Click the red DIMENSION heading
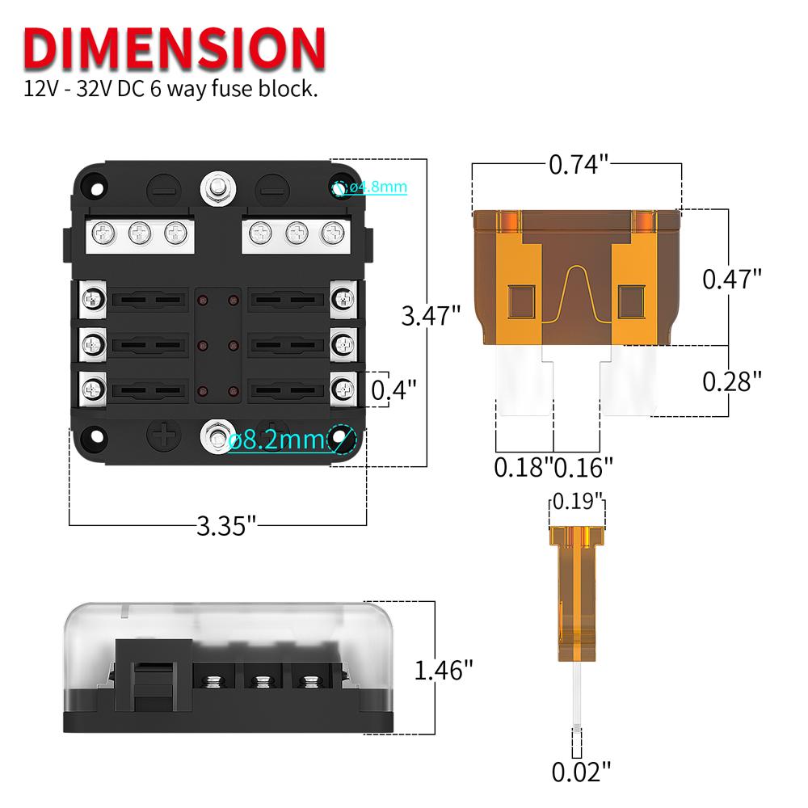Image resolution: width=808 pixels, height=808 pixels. click(x=174, y=48)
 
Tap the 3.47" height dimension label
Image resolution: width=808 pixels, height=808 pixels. click(x=431, y=314)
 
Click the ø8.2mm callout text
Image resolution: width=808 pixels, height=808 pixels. click(x=276, y=440)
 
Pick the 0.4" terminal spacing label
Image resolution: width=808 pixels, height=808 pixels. click(x=393, y=390)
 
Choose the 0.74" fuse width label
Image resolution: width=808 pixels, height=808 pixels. click(x=578, y=165)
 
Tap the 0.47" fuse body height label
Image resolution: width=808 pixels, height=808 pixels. click(x=732, y=279)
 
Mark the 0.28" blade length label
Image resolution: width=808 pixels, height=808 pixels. click(x=732, y=381)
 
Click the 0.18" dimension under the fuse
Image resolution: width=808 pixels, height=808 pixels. click(x=523, y=466)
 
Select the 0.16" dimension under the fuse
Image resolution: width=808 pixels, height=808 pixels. click(x=583, y=466)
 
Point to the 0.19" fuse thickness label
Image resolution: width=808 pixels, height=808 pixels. click(x=577, y=501)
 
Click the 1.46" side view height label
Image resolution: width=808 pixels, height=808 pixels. click(x=443, y=670)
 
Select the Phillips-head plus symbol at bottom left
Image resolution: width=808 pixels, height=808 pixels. click(x=165, y=437)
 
